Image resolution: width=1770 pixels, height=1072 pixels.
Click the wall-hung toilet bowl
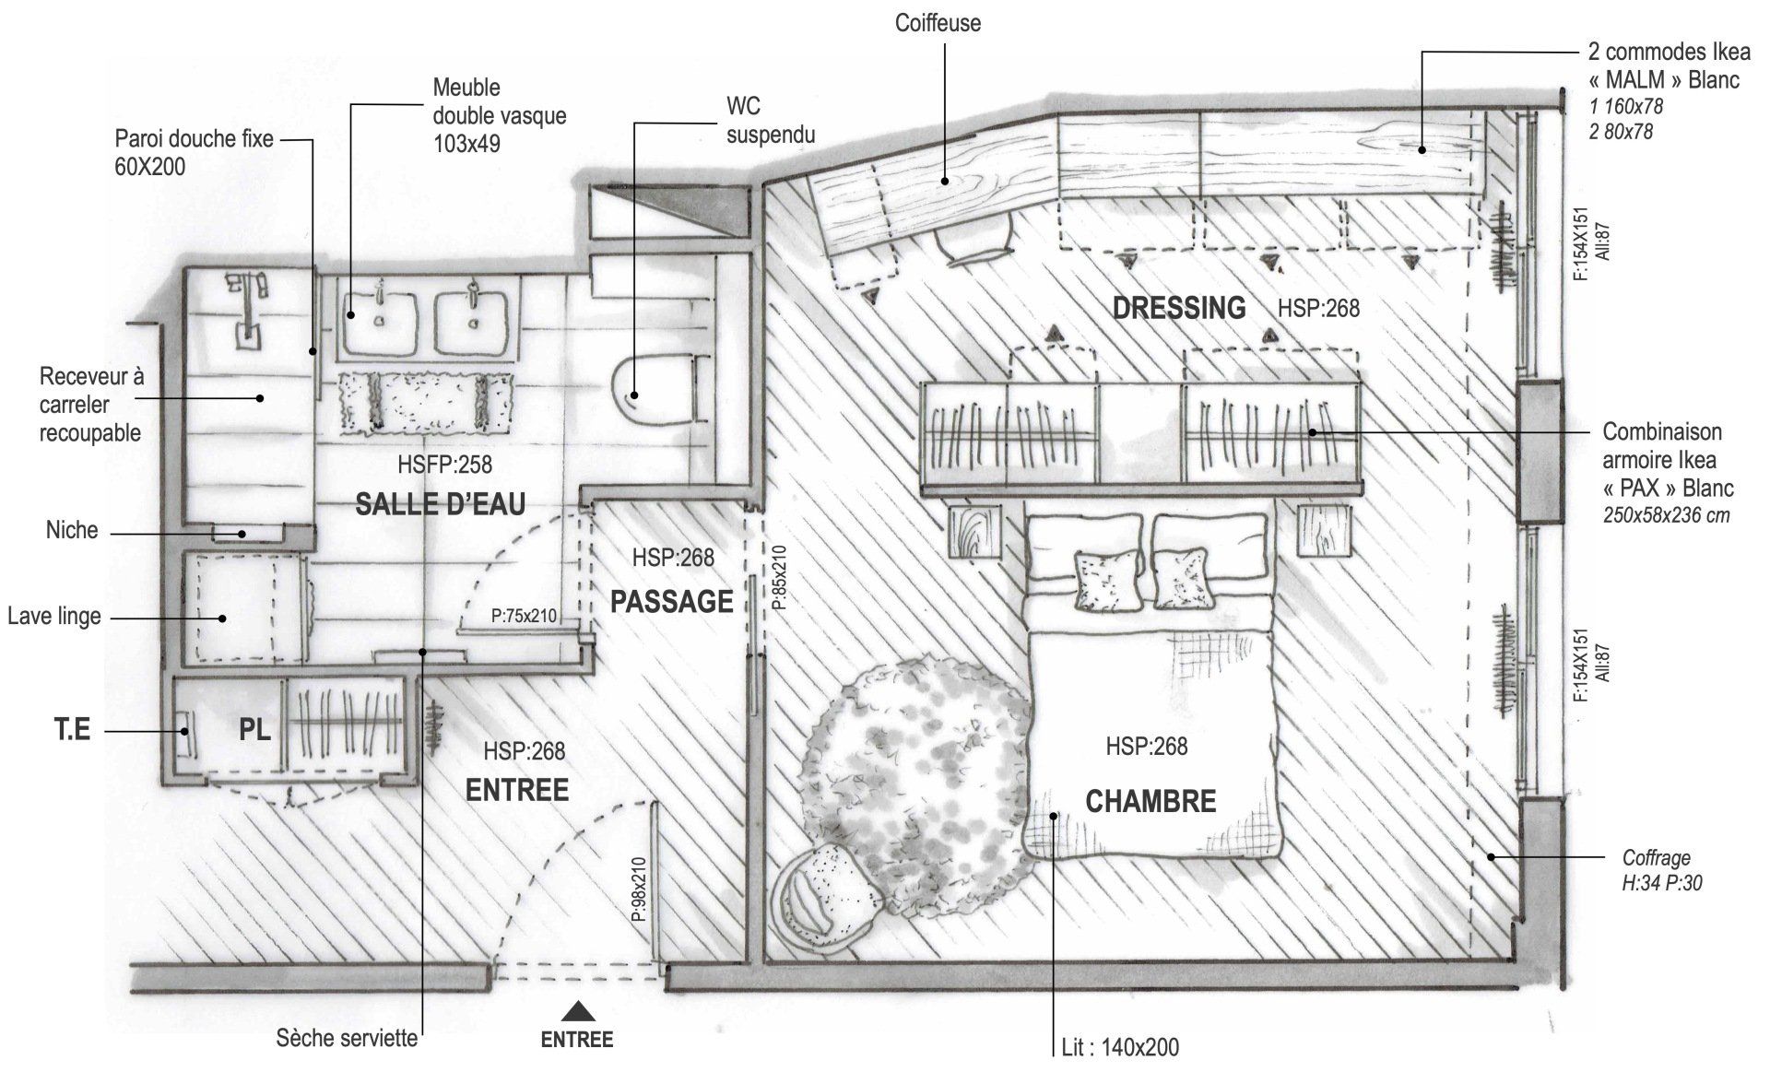click(656, 392)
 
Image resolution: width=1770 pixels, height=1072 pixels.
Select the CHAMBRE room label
click(1150, 801)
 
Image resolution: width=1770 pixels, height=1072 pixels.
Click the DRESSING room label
click(1179, 307)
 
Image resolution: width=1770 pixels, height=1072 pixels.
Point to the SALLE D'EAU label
click(440, 504)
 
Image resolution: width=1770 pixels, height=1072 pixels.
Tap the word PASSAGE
click(672, 602)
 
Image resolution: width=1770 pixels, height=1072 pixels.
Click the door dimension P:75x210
click(524, 616)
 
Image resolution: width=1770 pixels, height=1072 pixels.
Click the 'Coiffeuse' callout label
click(938, 23)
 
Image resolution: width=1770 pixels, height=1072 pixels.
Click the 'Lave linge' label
click(54, 616)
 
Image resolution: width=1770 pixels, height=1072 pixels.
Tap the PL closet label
click(254, 730)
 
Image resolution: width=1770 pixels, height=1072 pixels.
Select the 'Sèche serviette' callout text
click(347, 1040)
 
